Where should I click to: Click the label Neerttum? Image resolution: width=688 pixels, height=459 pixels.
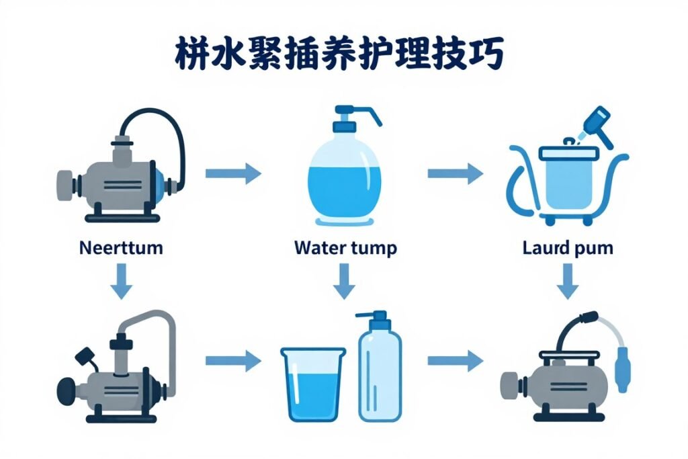click(121, 247)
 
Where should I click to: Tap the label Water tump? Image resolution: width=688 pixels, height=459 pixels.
click(345, 248)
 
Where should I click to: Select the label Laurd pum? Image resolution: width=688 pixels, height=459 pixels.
click(568, 248)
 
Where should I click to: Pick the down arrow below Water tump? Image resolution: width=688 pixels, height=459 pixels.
click(344, 281)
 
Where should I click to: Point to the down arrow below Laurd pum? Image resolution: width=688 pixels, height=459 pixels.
click(568, 281)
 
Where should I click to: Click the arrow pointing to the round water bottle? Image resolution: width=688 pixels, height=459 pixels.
click(232, 173)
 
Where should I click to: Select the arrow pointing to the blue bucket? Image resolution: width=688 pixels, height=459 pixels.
click(455, 173)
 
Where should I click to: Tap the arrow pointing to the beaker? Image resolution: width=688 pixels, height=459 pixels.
click(232, 361)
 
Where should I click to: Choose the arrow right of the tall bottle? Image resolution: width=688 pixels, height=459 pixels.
click(455, 361)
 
